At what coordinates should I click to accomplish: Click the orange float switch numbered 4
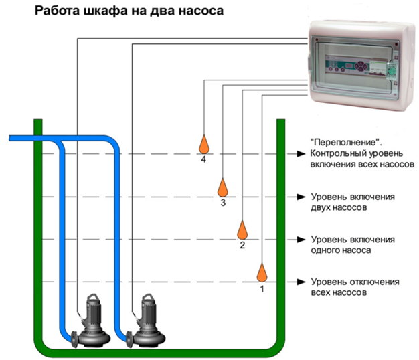click(203, 143)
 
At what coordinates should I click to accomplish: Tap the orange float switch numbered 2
click(242, 230)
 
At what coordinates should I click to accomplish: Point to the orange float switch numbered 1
click(262, 272)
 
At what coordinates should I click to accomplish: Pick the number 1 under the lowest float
click(262, 290)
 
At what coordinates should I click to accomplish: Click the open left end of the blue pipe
click(10, 138)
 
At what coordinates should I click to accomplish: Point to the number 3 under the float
click(223, 203)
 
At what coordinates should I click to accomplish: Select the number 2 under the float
click(242, 246)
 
